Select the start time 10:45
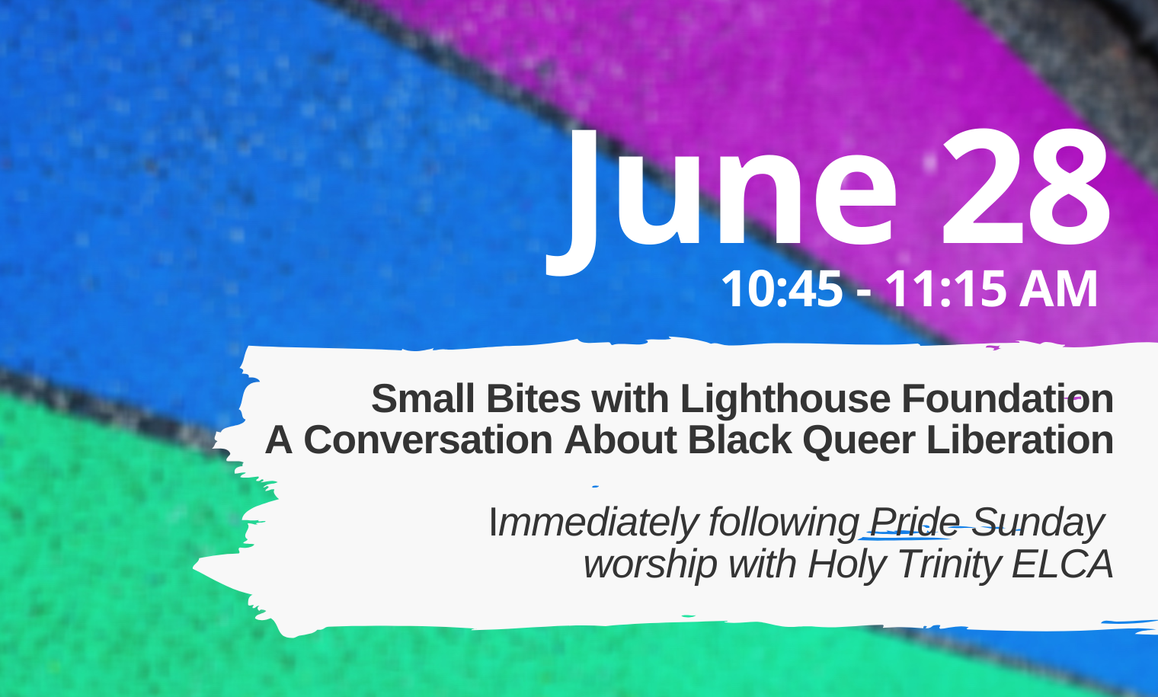(782, 289)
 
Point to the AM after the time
(1057, 289)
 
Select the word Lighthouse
(785, 398)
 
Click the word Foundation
(1007, 398)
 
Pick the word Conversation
(428, 440)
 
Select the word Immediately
(594, 523)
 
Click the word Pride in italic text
(914, 522)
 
